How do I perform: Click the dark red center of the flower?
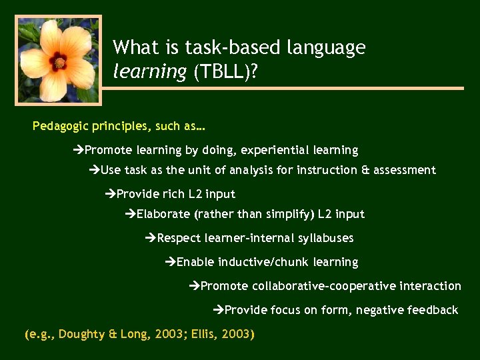(59, 62)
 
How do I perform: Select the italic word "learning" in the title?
(150, 72)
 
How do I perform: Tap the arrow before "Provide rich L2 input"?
(111, 194)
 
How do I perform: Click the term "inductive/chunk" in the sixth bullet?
(259, 262)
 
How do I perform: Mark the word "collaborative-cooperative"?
(323, 286)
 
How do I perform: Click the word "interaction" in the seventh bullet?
(430, 286)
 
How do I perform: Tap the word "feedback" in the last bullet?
(433, 310)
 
